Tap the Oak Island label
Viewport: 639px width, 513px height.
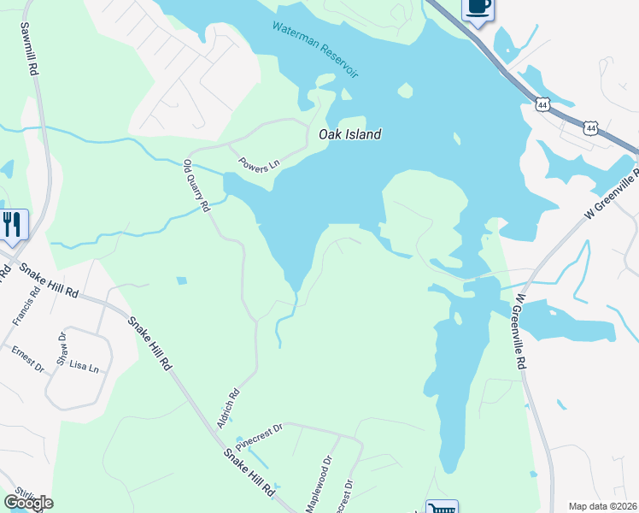click(349, 134)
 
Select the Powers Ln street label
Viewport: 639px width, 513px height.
click(259, 164)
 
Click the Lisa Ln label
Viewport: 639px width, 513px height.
click(84, 367)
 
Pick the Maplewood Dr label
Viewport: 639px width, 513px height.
click(316, 484)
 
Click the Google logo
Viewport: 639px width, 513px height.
click(28, 503)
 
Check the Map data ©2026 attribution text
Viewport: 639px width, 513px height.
click(602, 506)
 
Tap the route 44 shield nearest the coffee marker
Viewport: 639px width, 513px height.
click(542, 103)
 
